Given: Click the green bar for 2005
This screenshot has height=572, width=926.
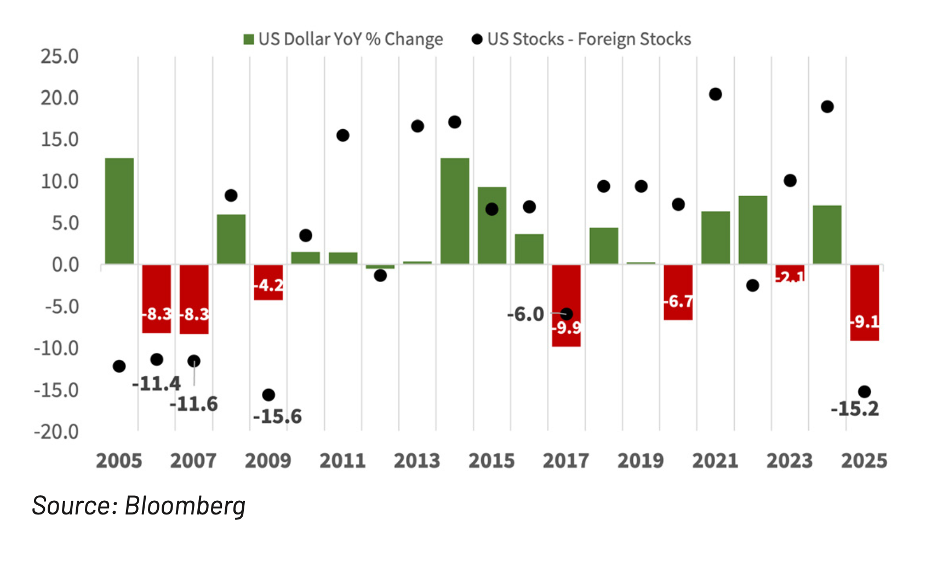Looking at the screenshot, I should point(119,211).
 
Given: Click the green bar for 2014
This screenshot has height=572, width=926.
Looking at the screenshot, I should point(455,211).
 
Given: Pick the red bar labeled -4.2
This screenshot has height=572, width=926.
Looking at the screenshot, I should point(268,282).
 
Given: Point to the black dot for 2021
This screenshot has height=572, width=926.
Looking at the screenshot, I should point(715,94).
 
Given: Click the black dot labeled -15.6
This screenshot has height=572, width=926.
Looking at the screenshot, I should point(268,395).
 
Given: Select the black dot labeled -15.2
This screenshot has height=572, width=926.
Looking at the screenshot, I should point(864,392).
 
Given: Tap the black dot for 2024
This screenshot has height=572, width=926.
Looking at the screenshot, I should point(827,107).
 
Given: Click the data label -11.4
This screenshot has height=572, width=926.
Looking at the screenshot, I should point(156,384).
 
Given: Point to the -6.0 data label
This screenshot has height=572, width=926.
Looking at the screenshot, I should point(525,314).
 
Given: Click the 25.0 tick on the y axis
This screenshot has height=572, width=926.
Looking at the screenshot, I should point(60,56).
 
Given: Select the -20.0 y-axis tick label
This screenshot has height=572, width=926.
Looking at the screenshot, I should point(56,432).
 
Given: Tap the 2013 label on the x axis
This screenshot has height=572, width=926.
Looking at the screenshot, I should point(417,461).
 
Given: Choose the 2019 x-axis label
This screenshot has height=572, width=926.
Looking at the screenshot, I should point(641,461).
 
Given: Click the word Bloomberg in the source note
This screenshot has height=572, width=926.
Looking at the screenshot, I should point(185,505).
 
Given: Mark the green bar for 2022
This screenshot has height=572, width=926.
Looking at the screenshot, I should point(752,230).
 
